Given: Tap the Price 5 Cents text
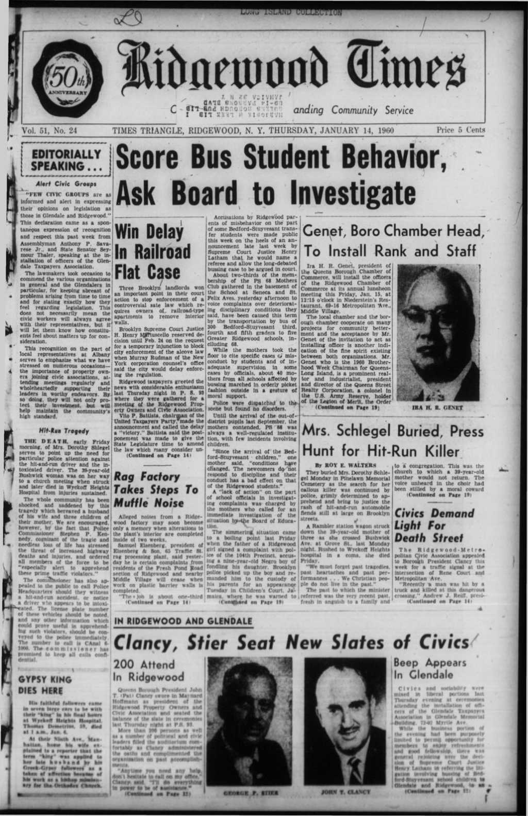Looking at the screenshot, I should tap(460, 131).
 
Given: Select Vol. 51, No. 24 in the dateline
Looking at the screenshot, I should tap(50, 131).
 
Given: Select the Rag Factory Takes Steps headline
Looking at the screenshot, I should tap(156, 489).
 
